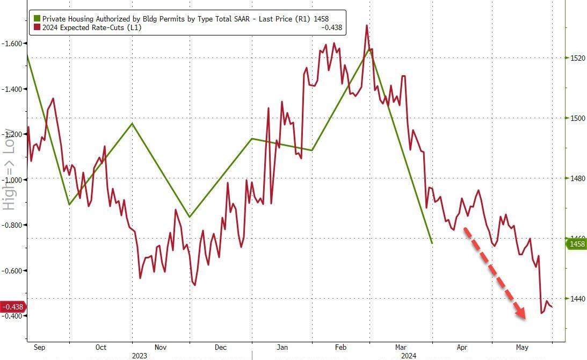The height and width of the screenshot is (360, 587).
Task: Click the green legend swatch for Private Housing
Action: tap(37, 19)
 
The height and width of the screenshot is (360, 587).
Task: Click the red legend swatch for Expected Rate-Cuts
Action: tap(37, 27)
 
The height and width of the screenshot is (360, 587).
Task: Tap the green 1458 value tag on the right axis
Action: tap(577, 244)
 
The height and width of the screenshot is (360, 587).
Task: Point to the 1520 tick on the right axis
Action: tap(578, 58)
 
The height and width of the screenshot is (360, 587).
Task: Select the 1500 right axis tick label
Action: tap(578, 118)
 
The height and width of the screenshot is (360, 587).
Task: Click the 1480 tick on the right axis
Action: tap(578, 178)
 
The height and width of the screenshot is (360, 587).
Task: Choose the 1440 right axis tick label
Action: tap(578, 299)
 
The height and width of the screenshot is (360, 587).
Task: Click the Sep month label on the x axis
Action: tap(39, 347)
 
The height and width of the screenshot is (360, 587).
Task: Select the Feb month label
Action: tap(341, 347)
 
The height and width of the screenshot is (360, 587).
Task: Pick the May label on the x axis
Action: tap(522, 347)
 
